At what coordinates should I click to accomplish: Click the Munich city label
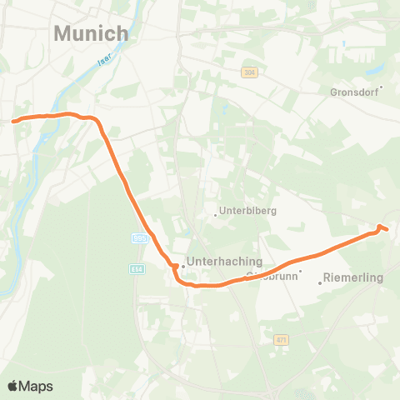[x=92, y=34]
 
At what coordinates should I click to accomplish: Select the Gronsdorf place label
[x=354, y=93]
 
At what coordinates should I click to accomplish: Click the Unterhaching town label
[x=224, y=261]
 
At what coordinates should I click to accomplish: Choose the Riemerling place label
[x=352, y=277]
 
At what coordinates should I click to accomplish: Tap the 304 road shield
[x=249, y=73]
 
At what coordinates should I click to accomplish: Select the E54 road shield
[x=137, y=268]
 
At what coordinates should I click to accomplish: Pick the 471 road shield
[x=281, y=339]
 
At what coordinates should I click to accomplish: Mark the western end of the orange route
[x=14, y=120]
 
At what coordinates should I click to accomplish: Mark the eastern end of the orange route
[x=387, y=229]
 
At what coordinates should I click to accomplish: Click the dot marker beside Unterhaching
[x=183, y=267]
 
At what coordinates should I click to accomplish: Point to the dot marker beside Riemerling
[x=320, y=282]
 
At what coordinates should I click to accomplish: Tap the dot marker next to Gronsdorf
[x=381, y=87]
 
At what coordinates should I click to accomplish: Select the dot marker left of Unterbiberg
[x=216, y=215]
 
